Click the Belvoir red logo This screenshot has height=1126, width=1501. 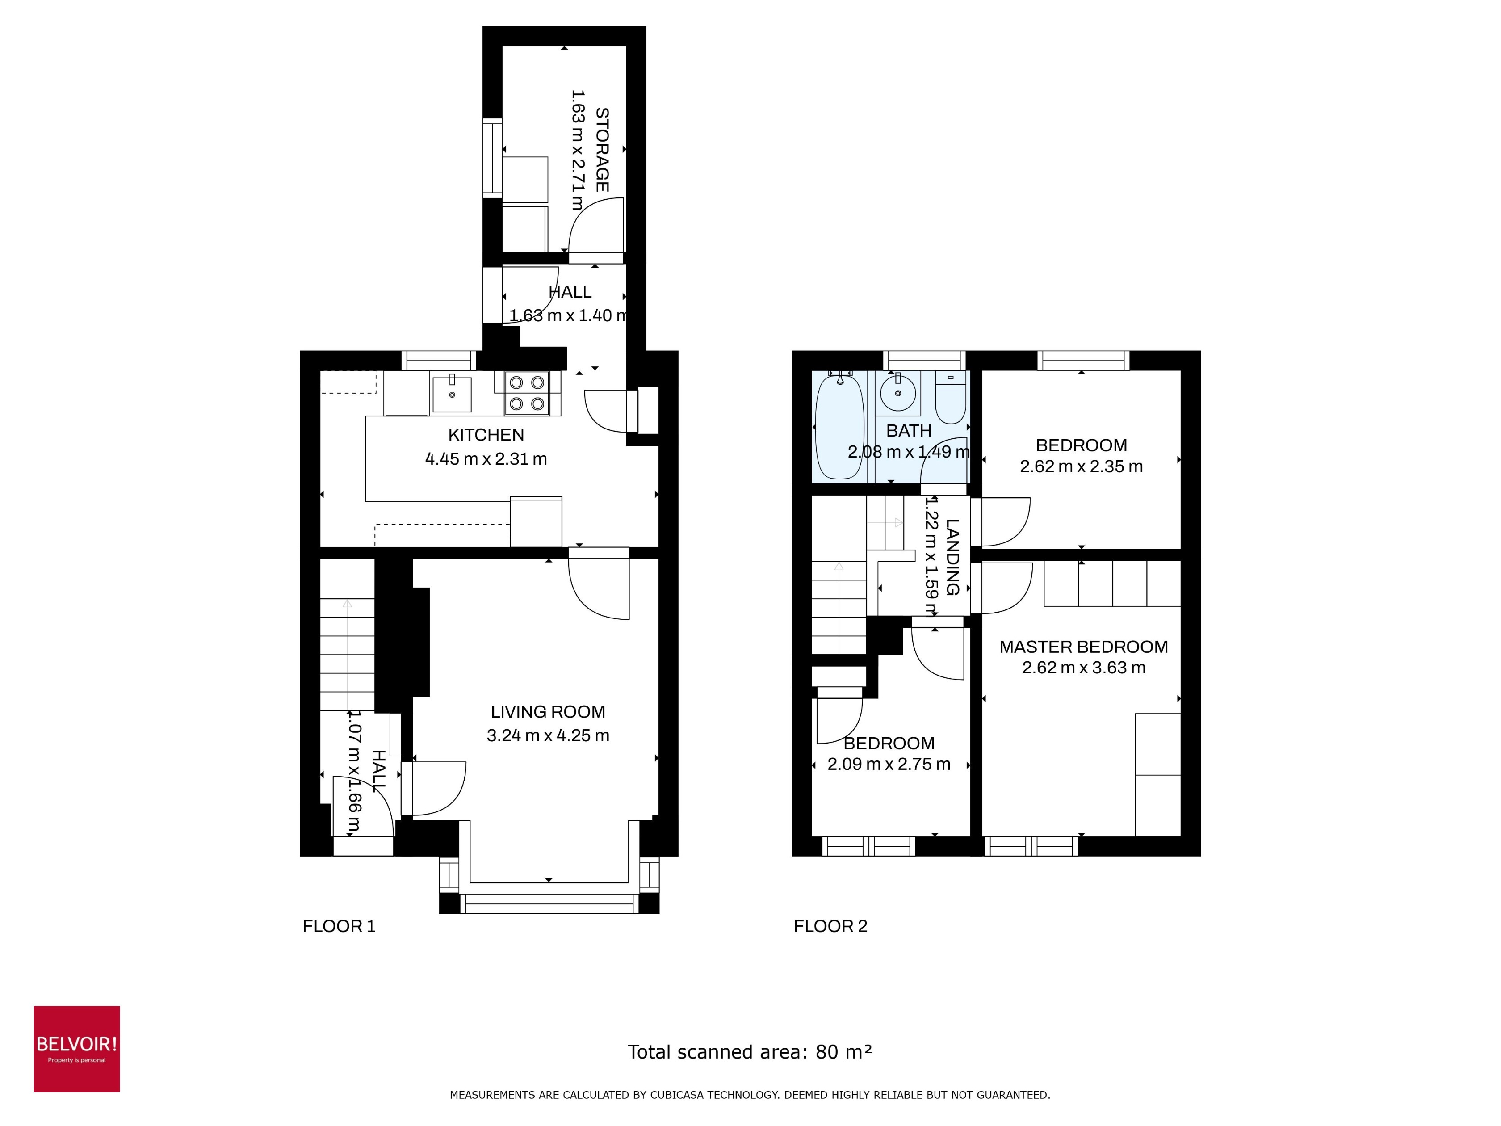[x=77, y=1049]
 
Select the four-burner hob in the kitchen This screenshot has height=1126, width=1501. [x=527, y=393]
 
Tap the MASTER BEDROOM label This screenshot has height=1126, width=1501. [x=1083, y=647]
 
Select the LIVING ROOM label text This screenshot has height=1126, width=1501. [x=548, y=711]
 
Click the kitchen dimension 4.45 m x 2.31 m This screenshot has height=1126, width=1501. [x=486, y=459]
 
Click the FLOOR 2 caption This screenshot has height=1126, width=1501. [x=830, y=926]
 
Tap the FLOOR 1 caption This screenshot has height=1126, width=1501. [x=339, y=926]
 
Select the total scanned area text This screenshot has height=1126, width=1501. [x=749, y=1051]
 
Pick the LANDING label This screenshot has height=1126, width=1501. [x=952, y=557]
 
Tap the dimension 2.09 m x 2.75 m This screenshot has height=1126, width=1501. [x=888, y=764]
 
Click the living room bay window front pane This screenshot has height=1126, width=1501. [x=548, y=903]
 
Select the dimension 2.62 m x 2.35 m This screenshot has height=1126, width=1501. [x=1081, y=466]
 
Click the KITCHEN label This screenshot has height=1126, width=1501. [x=486, y=434]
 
